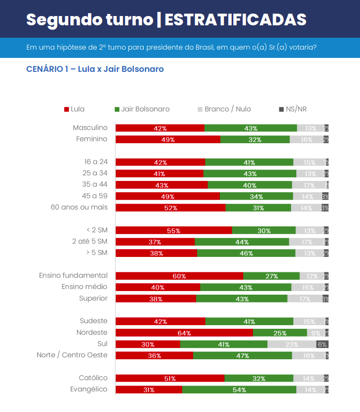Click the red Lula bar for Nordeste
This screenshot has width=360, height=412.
pyautogui.click(x=184, y=333)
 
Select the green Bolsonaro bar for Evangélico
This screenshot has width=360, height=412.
pyautogui.click(x=239, y=390)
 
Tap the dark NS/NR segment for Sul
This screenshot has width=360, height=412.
pyautogui.click(x=322, y=344)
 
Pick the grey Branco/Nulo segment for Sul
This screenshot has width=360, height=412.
pyautogui.click(x=292, y=344)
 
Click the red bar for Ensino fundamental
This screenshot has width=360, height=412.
pyautogui.click(x=179, y=276)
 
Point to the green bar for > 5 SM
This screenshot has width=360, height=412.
pyautogui.click(x=246, y=253)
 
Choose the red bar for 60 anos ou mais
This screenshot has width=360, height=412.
pyautogui.click(x=171, y=208)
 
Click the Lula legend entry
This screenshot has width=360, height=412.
pyautogui.click(x=74, y=109)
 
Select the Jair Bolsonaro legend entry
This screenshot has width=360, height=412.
pyautogui.click(x=142, y=109)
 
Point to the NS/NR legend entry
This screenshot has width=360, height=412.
pyautogui.click(x=293, y=109)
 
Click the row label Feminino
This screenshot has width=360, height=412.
pyautogui.click(x=92, y=139)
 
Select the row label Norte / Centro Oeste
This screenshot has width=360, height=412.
pyautogui.click(x=72, y=355)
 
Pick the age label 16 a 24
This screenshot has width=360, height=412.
pyautogui.click(x=96, y=162)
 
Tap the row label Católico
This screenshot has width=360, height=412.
pyautogui.click(x=93, y=378)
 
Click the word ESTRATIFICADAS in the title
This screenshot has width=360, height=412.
pyautogui.click(x=235, y=20)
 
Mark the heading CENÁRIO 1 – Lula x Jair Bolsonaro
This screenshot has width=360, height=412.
pyautogui.click(x=95, y=69)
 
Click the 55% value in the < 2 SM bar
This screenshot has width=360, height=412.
pyautogui.click(x=173, y=231)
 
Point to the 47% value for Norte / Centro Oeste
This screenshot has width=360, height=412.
pyautogui.click(x=242, y=356)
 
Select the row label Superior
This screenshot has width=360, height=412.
pyautogui.click(x=93, y=298)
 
